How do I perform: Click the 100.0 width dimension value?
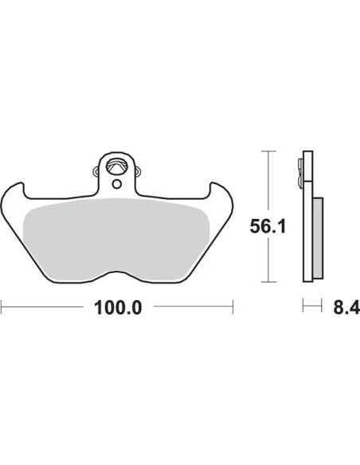pyautogui.click(x=118, y=308)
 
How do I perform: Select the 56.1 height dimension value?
pyautogui.click(x=268, y=227)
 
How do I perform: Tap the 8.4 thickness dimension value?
pyautogui.click(x=346, y=308)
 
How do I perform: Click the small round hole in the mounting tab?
pyautogui.click(x=117, y=184)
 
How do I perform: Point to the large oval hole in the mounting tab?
pyautogui.click(x=116, y=166)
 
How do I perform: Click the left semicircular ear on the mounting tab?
pyautogui.click(x=96, y=171)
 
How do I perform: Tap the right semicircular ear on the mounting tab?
pyautogui.click(x=138, y=171)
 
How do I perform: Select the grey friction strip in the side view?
pyautogui.click(x=318, y=238)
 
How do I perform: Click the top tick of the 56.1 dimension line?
pyautogui.click(x=268, y=151)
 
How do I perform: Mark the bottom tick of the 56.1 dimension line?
pyautogui.click(x=268, y=282)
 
